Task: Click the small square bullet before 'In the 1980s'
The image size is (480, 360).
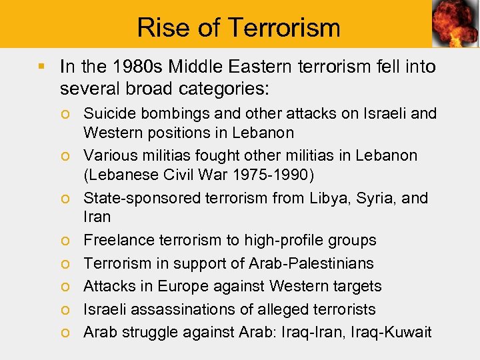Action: click(41, 66)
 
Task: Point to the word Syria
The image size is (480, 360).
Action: click(376, 198)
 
